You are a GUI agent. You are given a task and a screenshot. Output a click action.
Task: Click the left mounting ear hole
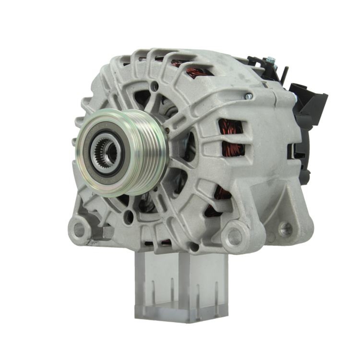pyautogui.click(x=78, y=230)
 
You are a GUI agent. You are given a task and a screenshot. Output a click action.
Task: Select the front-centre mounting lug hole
pyautogui.click(x=234, y=237)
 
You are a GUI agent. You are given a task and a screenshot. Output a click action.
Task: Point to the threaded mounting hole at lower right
pyautogui.click(x=286, y=228)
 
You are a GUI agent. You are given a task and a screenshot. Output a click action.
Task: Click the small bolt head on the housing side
pyautogui.click(x=248, y=96)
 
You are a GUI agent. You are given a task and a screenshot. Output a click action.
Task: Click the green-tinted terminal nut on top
pyautogui.click(x=270, y=60)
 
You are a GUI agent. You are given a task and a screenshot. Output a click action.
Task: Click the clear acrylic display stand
pyautogui.click(x=180, y=284)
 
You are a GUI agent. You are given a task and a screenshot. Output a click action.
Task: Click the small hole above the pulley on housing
pyautogui.click(x=155, y=86)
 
